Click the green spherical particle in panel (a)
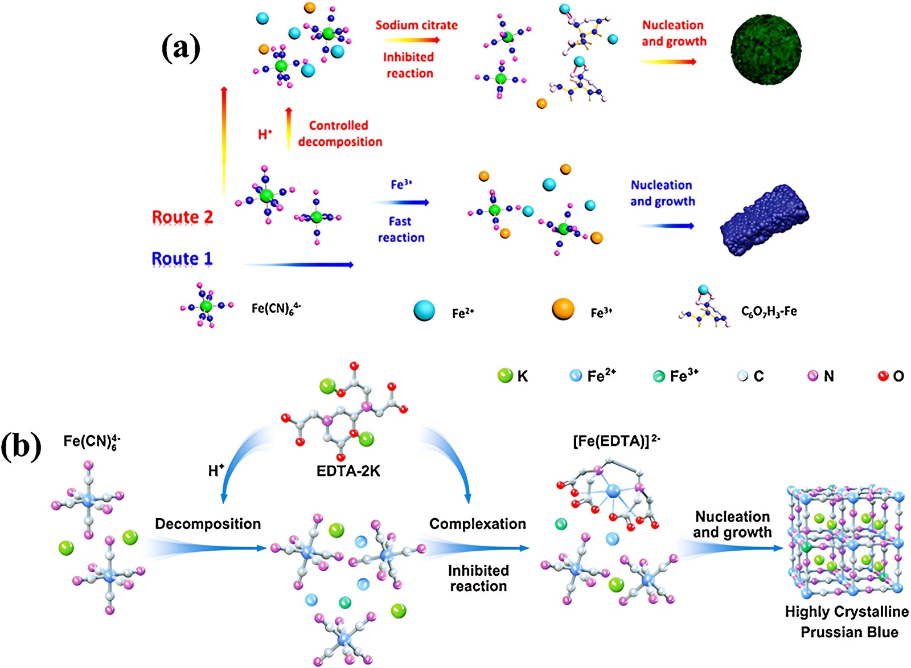pyautogui.click(x=766, y=49)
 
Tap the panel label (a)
pyautogui.click(x=180, y=48)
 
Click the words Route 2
pyautogui.click(x=182, y=217)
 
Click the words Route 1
pyautogui.click(x=182, y=259)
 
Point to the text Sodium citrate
pyautogui.click(x=416, y=25)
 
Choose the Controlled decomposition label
pyautogui.click(x=340, y=133)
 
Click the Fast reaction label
pyautogui.click(x=401, y=229)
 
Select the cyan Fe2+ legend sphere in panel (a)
pyautogui.click(x=424, y=310)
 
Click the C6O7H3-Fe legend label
pyautogui.click(x=769, y=312)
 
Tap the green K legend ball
pyautogui.click(x=505, y=375)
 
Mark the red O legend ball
pyautogui.click(x=883, y=376)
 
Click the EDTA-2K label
pyautogui.click(x=348, y=471)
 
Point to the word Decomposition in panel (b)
pyautogui.click(x=208, y=524)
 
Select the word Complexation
pyautogui.click(x=477, y=524)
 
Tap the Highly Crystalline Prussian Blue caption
pyautogui.click(x=847, y=622)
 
